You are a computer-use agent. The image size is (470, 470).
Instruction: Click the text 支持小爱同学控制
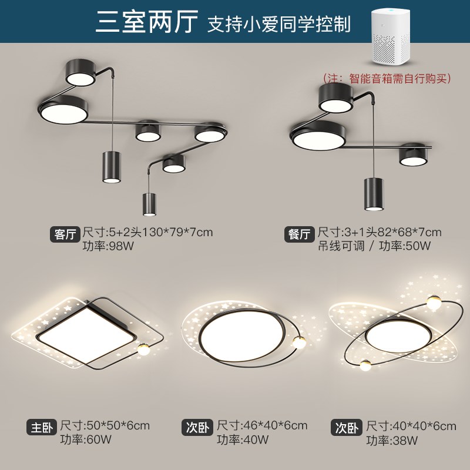(x=278, y=24)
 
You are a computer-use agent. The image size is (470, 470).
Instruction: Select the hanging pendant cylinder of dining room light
(x=373, y=193)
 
